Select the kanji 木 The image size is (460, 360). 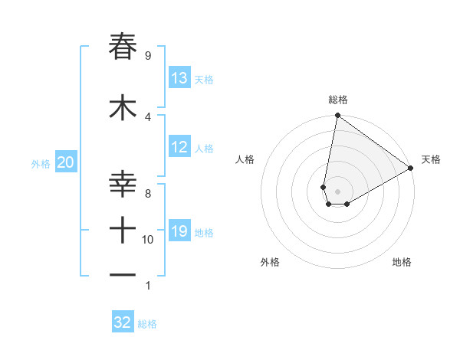[x=123, y=109]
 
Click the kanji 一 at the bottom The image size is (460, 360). [x=123, y=273]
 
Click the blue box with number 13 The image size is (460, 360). [x=179, y=78]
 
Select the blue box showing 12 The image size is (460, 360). [x=179, y=147]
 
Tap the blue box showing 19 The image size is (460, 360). [x=179, y=231]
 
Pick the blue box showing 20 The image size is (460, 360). [x=65, y=162]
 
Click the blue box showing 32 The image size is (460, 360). [x=123, y=322]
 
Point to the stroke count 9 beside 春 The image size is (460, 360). [x=147, y=56]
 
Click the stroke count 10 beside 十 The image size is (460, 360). [x=148, y=240]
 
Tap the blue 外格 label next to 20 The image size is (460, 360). [x=41, y=163]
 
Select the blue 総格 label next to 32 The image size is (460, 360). [x=147, y=324]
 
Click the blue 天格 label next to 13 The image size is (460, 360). [x=203, y=80]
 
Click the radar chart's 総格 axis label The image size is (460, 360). [x=338, y=100]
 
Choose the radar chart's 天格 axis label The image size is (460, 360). [x=431, y=159]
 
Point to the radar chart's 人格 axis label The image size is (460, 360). [x=245, y=159]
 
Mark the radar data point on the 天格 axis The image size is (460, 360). [x=411, y=168]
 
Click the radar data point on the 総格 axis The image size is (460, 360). [x=337, y=116]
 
